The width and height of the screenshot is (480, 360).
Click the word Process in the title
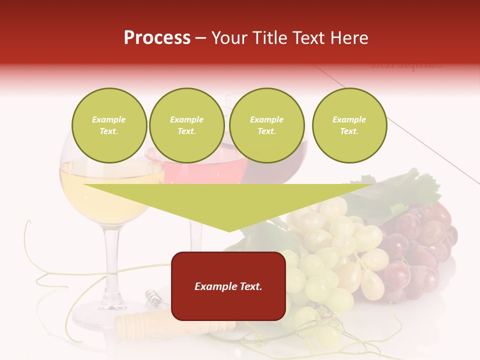(x=157, y=38)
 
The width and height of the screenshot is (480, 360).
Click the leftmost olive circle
(x=109, y=125)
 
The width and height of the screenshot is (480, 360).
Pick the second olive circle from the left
(x=186, y=125)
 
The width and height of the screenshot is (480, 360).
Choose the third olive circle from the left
(x=266, y=125)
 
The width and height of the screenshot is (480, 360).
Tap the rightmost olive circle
(x=349, y=125)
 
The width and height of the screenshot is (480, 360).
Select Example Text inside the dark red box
(x=228, y=286)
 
